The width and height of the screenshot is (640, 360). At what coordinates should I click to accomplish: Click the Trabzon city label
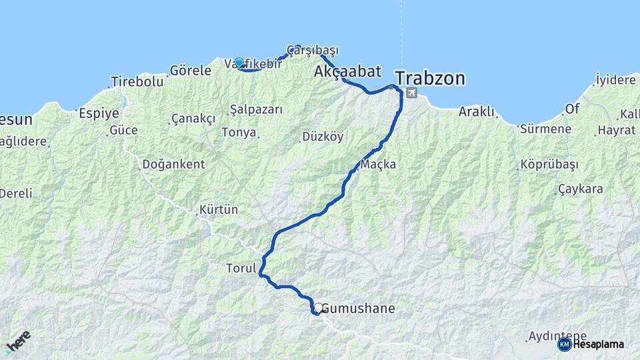click(x=430, y=79)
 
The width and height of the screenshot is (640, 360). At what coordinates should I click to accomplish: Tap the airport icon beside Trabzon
click(x=411, y=93)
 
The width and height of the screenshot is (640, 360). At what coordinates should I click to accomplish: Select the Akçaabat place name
click(x=347, y=71)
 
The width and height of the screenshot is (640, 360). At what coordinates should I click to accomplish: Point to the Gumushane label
click(x=359, y=309)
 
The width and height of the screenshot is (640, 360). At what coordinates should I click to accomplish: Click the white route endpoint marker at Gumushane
click(x=319, y=308)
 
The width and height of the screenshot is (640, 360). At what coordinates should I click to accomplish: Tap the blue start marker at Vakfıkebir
click(x=239, y=63)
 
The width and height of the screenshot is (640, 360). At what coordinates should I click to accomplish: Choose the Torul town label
click(x=241, y=269)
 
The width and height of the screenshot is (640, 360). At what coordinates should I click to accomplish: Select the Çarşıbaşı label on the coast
click(x=313, y=50)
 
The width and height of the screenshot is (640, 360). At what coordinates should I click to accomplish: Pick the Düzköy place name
click(x=323, y=137)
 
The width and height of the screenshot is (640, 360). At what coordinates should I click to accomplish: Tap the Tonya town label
click(x=239, y=132)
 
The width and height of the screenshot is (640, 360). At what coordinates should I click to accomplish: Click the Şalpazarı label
click(x=256, y=109)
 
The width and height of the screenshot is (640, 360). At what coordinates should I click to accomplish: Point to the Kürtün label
click(x=219, y=209)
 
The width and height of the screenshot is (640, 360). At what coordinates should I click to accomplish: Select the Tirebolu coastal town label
click(x=137, y=81)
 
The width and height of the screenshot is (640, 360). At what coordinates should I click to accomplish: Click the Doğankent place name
click(x=173, y=164)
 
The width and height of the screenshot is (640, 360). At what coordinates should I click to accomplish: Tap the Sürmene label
click(x=545, y=129)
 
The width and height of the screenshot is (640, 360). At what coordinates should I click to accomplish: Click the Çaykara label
click(x=581, y=189)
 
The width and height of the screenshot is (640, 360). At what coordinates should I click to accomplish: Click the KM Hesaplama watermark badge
click(x=591, y=344)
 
